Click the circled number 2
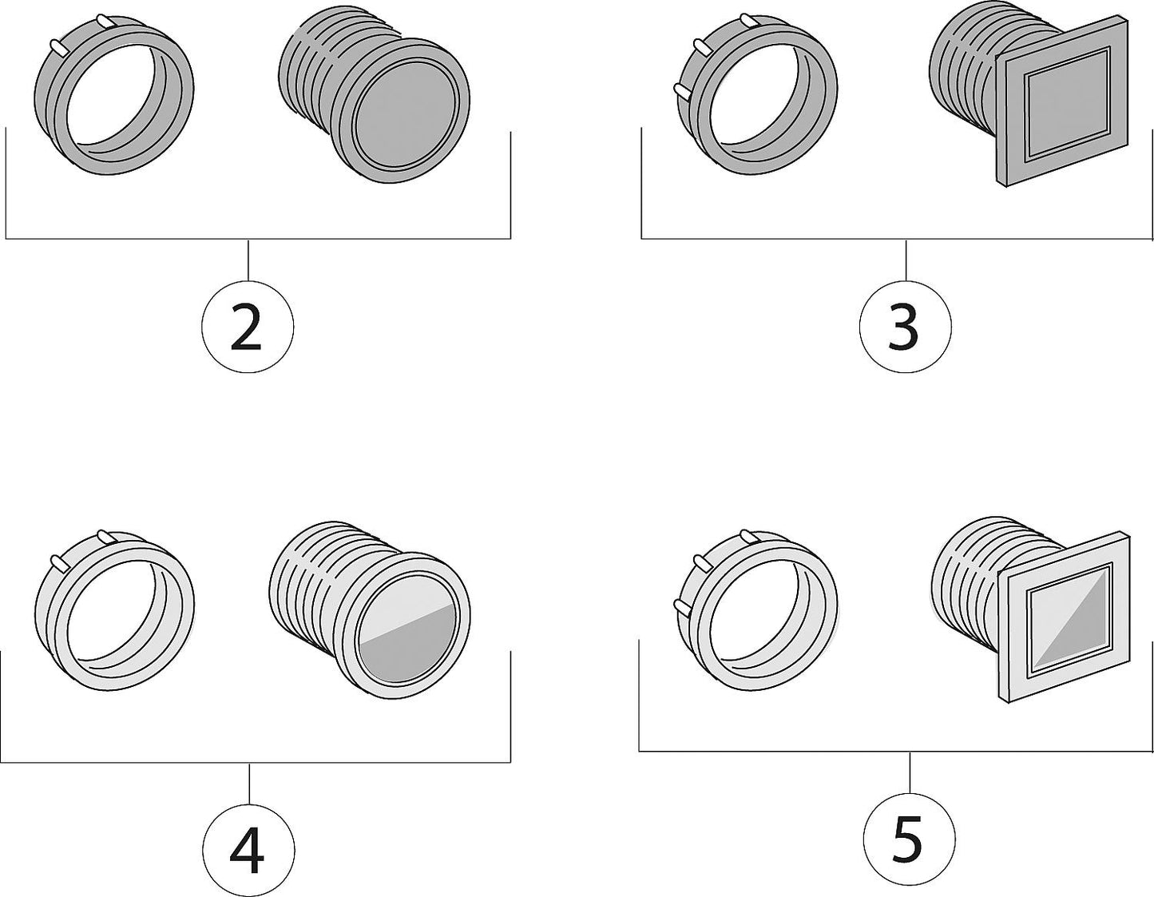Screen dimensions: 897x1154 tap(248, 325)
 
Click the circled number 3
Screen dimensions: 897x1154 tap(906, 325)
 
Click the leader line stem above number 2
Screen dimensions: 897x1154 tap(248, 259)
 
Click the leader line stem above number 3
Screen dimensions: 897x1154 tap(906, 259)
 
